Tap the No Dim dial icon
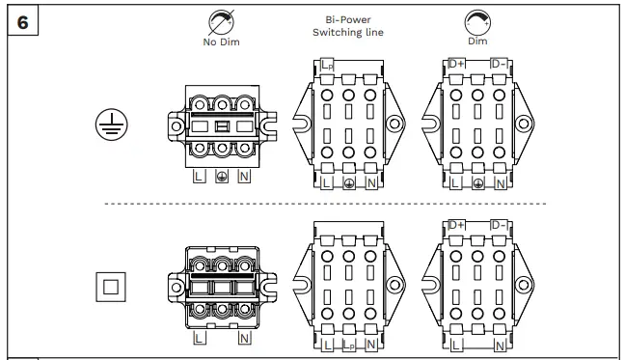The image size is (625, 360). click(221, 21)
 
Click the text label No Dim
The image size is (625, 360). click(221, 42)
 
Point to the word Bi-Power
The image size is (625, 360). click(348, 19)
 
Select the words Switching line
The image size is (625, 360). click(348, 32)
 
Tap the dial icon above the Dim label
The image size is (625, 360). click(477, 21)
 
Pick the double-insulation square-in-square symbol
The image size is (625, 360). click(111, 287)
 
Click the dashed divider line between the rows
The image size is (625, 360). click(324, 204)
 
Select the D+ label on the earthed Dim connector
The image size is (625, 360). click(456, 64)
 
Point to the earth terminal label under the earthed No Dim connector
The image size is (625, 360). click(222, 178)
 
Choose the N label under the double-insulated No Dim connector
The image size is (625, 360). click(245, 339)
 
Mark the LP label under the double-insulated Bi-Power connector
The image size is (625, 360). click(349, 345)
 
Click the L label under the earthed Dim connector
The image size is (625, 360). click(455, 182)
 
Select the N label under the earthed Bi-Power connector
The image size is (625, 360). click(371, 182)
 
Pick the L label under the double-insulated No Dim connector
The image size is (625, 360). click(199, 339)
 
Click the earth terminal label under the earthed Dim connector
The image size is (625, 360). click(477, 182)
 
